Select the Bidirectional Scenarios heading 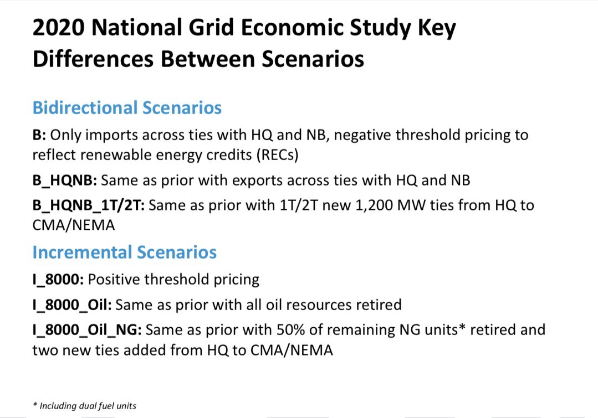click(x=127, y=107)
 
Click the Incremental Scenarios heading click(x=124, y=252)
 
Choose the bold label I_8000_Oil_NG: click(x=87, y=330)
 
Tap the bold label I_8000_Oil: click(x=72, y=305)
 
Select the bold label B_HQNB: click(x=65, y=180)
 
